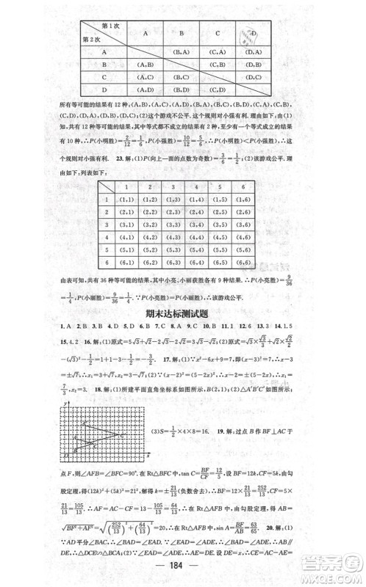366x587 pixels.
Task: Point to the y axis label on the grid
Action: pyautogui.click(x=66, y=403)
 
